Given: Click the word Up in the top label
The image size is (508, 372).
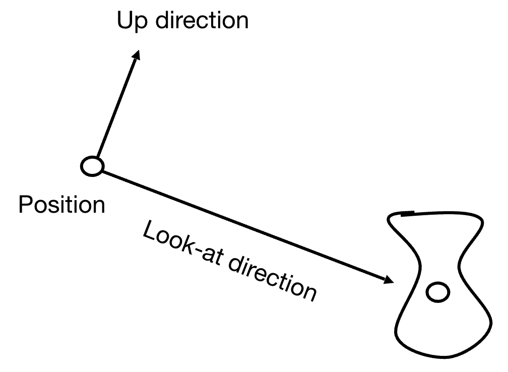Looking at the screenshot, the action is point(132,21).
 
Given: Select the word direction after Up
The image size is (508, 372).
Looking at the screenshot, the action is point(202,21).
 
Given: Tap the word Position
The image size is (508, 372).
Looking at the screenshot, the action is point(61,205).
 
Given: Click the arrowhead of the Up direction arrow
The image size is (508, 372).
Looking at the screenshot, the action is point(136,55).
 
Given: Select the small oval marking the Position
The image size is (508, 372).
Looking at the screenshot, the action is point(92,166).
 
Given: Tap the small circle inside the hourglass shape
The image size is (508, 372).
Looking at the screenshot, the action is point(437,292).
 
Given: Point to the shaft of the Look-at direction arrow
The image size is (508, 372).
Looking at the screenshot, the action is point(242,224).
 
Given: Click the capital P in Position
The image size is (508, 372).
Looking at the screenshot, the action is point(25,205).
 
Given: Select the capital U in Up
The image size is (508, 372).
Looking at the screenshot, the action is point(125,21).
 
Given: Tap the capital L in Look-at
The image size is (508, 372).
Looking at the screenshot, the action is point(149,233).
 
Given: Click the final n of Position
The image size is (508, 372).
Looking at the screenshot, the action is point(100,207).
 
